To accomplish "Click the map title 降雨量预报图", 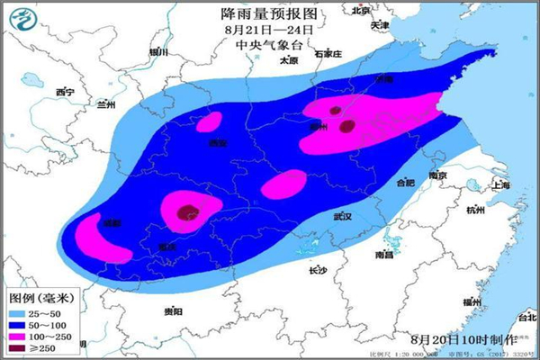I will tap(270, 13).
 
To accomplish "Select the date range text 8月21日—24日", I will tap(270, 29).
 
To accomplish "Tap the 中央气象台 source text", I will tap(270, 44).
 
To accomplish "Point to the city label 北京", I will tap(362, 12).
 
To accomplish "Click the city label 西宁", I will tap(64, 93).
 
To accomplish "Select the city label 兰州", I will tap(106, 104).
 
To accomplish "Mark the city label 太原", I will tap(288, 61).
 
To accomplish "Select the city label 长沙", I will tap(318, 270).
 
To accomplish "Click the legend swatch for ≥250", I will tap(18, 348).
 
